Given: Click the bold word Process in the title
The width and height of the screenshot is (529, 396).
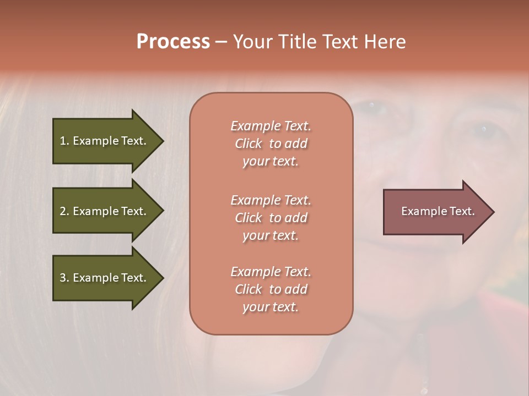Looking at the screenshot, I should click(173, 42).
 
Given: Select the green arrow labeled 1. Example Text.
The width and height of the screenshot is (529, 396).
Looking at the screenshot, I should click(105, 141).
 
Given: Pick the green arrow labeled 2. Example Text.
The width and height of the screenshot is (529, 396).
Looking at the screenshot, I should click(105, 211).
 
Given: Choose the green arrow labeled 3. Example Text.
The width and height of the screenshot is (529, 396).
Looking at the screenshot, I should click(105, 278).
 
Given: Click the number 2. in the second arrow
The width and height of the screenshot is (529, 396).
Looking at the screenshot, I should click(64, 211).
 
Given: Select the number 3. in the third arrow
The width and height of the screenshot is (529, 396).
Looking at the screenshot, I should click(64, 278).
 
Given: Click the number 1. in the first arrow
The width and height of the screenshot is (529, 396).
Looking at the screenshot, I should click(64, 141).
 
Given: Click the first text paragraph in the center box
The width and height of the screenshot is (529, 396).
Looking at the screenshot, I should click(271, 144).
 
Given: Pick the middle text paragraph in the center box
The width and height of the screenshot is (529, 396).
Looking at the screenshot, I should click(271, 218).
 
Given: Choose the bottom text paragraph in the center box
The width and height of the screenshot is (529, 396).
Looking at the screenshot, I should click(271, 289).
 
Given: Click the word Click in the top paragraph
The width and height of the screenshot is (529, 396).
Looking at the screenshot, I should click(249, 144).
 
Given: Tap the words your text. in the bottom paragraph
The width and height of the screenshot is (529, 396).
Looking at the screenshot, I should click(271, 307).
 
